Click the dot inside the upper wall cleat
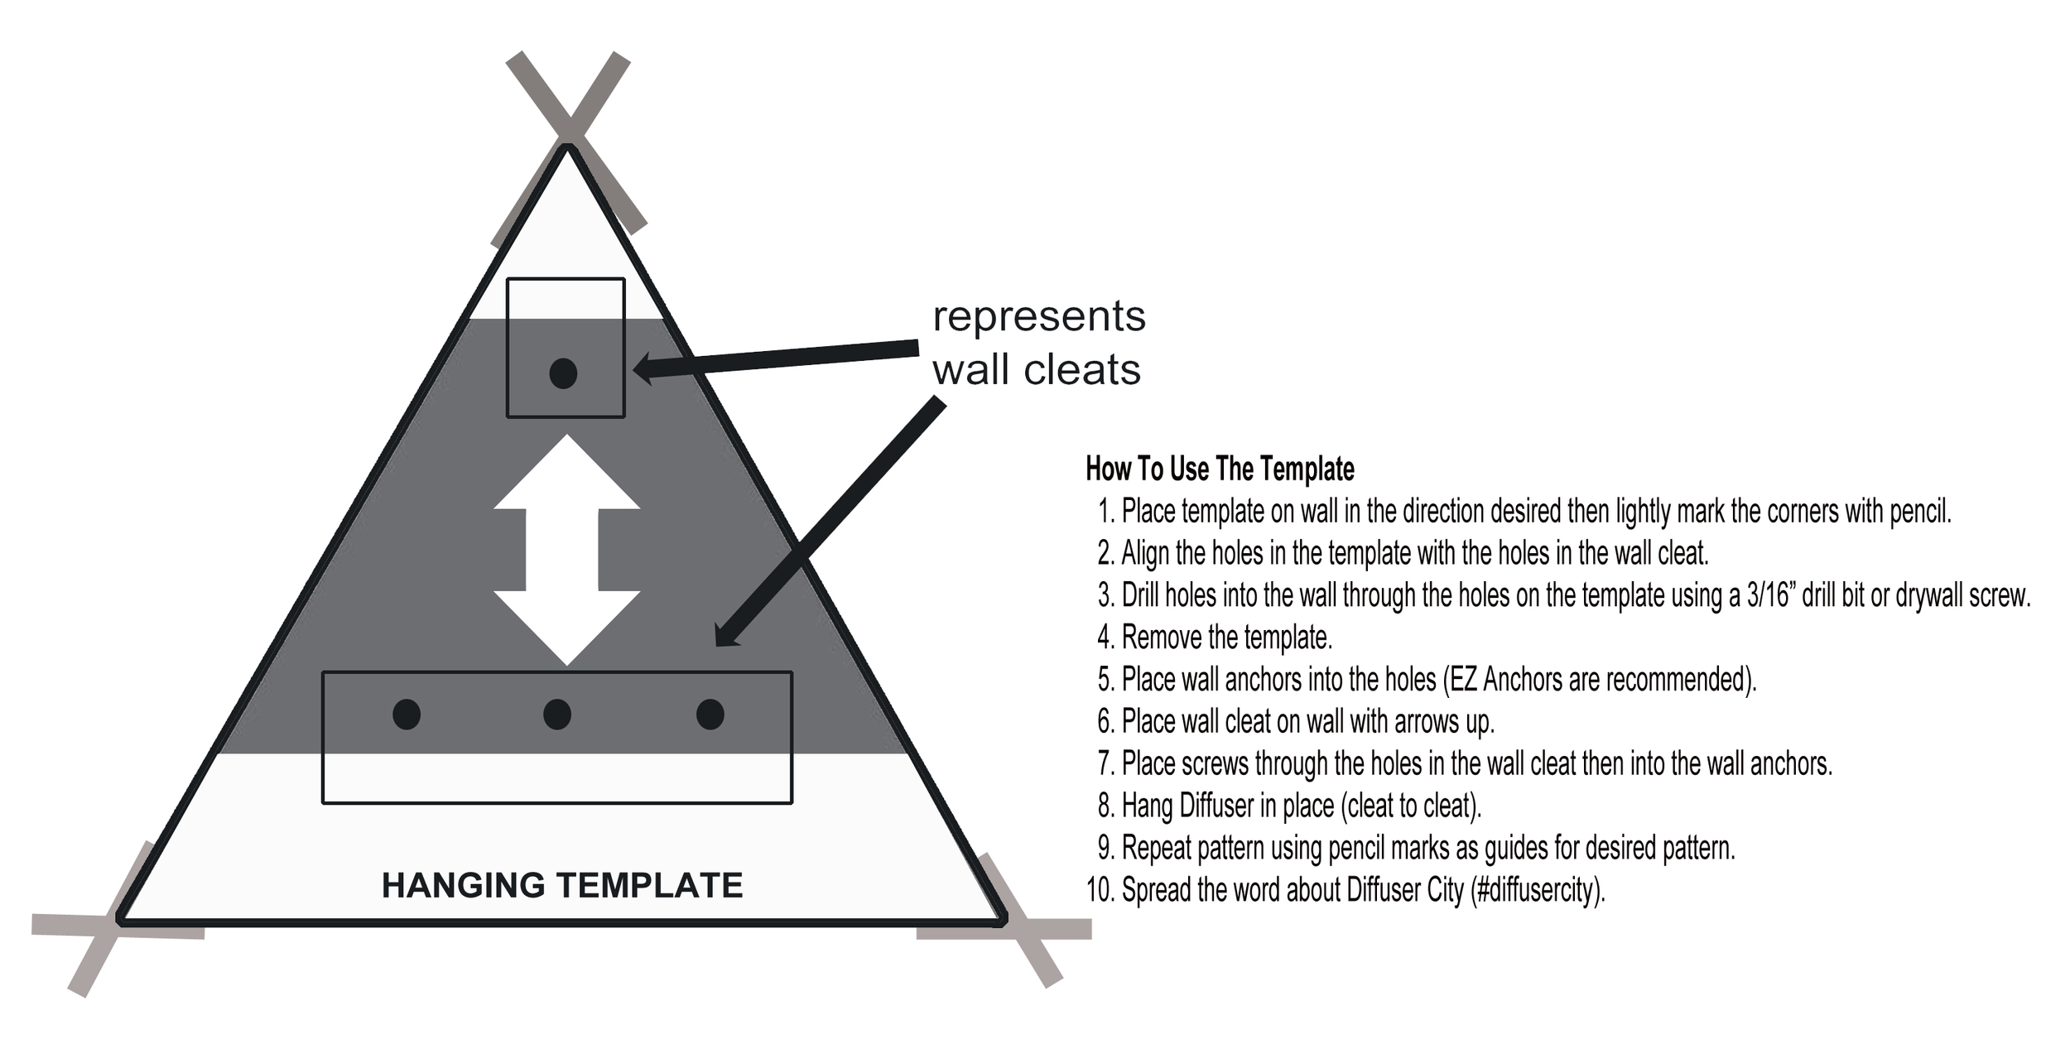coord(563,373)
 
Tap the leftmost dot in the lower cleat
coord(407,714)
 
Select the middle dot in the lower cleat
coord(557,714)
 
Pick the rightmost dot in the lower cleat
coord(710,714)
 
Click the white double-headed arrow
coord(566,550)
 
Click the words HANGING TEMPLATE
coord(562,886)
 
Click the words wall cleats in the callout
coord(1037,370)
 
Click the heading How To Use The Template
coord(1220,469)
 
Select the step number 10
coord(1100,890)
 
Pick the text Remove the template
coord(1226,638)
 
